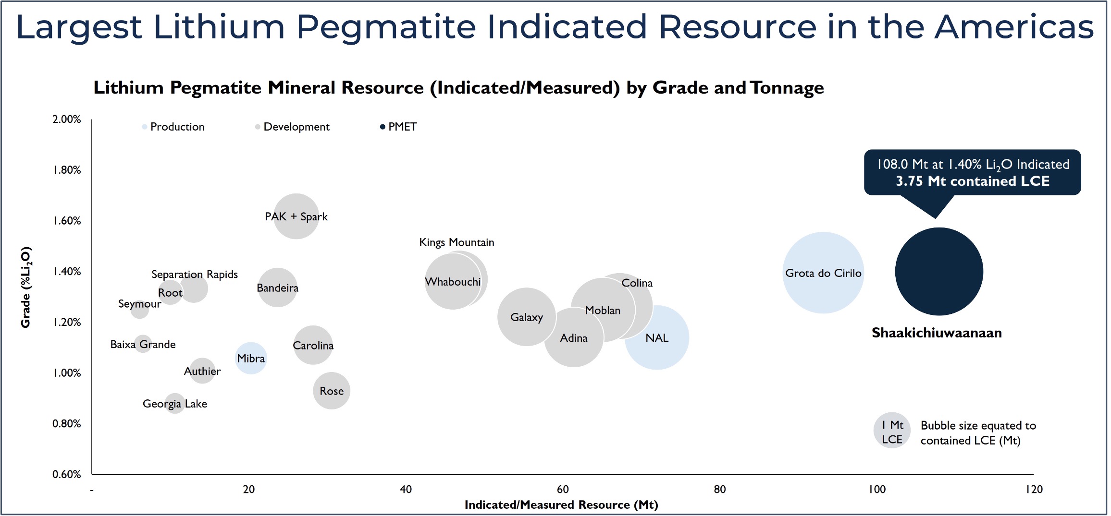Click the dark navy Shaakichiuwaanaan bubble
click(938, 272)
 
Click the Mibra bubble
click(251, 358)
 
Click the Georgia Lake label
click(175, 404)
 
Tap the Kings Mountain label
click(457, 242)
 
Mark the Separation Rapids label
click(195, 274)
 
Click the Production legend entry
click(177, 127)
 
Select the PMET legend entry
click(402, 127)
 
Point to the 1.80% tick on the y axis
click(67, 170)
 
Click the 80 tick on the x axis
click(719, 489)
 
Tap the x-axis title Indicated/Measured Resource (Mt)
click(561, 504)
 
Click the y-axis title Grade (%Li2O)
click(25, 287)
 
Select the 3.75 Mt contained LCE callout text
click(972, 181)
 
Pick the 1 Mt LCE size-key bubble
click(891, 431)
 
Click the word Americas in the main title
click(1014, 27)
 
